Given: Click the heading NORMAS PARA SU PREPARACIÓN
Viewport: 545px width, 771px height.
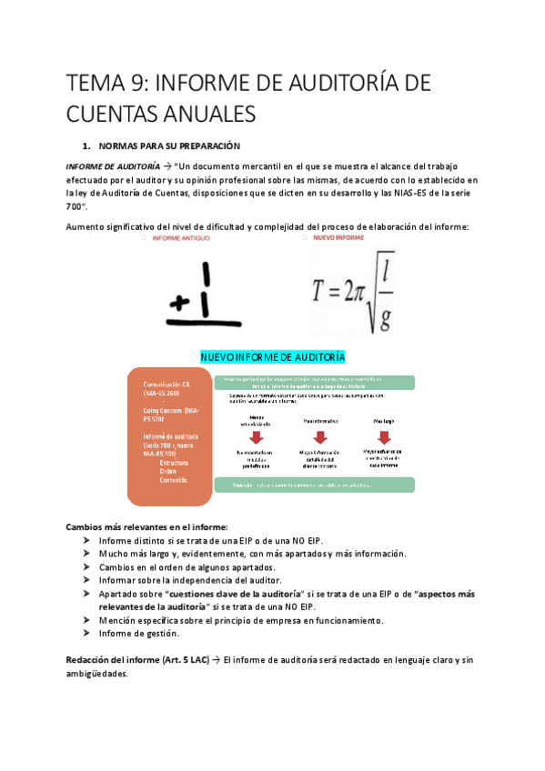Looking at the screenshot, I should tap(168, 145).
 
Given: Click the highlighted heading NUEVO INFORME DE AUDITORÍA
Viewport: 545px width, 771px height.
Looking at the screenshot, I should tap(272, 355).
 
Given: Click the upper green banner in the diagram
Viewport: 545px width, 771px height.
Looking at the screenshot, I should tap(315, 382).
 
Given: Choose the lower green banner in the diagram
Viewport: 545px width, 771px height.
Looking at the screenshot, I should tap(315, 486).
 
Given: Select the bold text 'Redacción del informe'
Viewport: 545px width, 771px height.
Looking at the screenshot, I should tap(116, 659).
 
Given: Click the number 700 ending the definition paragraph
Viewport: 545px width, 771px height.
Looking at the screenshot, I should tap(77, 207).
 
